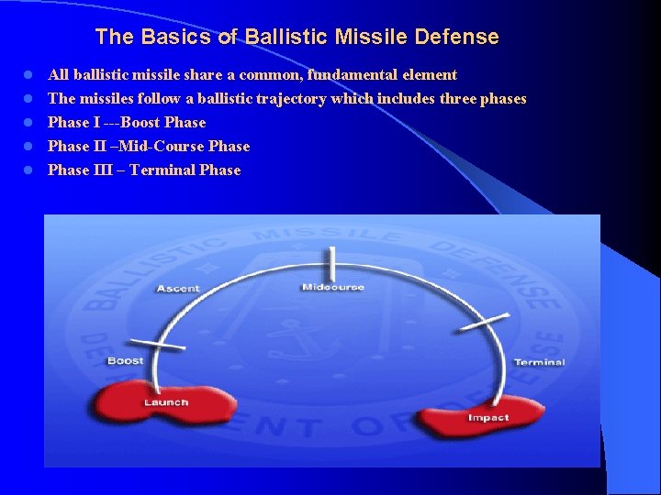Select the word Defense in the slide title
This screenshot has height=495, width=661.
click(456, 38)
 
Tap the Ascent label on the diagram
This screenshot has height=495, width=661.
click(178, 289)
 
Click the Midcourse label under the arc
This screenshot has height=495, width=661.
click(333, 288)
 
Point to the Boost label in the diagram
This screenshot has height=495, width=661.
click(125, 360)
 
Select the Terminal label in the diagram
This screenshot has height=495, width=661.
click(539, 362)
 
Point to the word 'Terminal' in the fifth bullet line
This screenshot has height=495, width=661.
click(160, 170)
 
